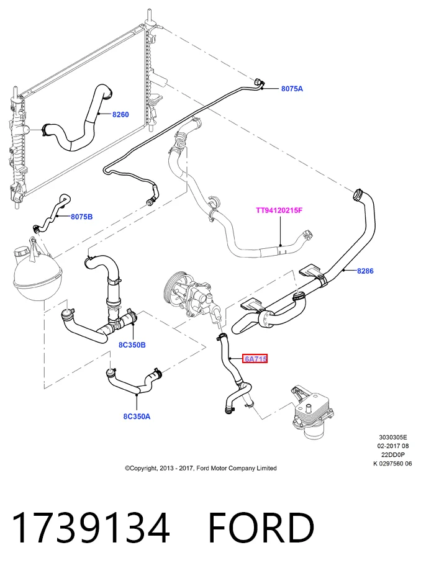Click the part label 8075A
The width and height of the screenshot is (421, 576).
click(292, 89)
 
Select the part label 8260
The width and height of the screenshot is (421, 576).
click(120, 115)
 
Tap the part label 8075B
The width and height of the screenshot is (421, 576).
click(81, 217)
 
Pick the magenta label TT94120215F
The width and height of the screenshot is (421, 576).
click(279, 210)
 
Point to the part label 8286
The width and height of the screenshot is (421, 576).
click(365, 271)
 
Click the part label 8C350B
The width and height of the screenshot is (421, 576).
click(132, 345)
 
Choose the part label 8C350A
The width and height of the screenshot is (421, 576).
click(137, 416)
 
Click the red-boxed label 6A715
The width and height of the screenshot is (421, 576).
click(255, 359)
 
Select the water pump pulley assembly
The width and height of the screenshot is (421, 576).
click(189, 294)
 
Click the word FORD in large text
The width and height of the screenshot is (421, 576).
click(261, 528)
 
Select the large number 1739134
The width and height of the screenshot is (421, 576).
click(91, 528)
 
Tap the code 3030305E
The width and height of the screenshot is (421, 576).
click(393, 437)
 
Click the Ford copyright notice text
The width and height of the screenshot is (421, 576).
click(201, 468)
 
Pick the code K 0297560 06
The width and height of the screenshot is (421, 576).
click(392, 464)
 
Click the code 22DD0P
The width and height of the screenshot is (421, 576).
click(393, 455)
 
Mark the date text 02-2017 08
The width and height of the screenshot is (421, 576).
click(393, 446)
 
